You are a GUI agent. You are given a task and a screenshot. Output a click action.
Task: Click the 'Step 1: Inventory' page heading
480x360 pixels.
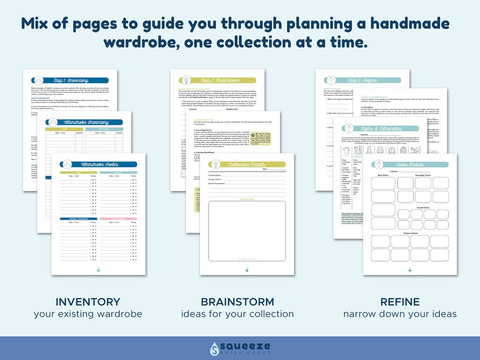point(71,80)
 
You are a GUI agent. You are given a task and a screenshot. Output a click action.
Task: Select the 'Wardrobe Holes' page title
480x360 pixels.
point(100,164)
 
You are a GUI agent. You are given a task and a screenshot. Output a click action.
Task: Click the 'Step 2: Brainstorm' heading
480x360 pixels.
point(217,80)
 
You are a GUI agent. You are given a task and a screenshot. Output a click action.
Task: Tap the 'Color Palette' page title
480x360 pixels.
point(410,165)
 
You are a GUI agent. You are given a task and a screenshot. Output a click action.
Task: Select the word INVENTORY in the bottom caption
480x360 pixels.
point(88,302)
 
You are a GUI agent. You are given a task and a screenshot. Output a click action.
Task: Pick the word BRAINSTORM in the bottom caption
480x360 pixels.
point(237,302)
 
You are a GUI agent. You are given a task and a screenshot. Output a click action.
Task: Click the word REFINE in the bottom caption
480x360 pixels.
point(400,302)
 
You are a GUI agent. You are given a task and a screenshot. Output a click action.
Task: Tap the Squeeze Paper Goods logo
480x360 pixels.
point(240,348)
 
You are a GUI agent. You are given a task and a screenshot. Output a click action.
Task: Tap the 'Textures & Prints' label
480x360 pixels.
point(409,233)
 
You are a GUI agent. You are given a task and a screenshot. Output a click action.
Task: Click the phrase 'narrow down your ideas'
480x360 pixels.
point(400,314)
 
